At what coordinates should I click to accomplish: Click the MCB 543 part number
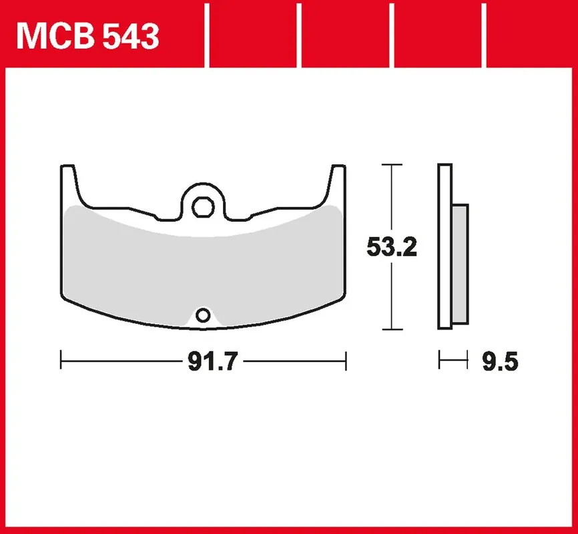click(87, 36)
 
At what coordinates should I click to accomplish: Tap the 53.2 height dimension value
click(392, 247)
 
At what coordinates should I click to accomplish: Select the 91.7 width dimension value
click(213, 361)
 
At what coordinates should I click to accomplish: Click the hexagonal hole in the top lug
click(203, 207)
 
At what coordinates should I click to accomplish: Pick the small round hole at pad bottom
click(203, 316)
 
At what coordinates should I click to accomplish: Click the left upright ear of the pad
click(70, 184)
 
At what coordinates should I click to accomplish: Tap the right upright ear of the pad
click(336, 184)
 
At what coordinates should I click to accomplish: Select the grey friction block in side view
click(460, 264)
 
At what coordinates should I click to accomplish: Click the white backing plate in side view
click(445, 246)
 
